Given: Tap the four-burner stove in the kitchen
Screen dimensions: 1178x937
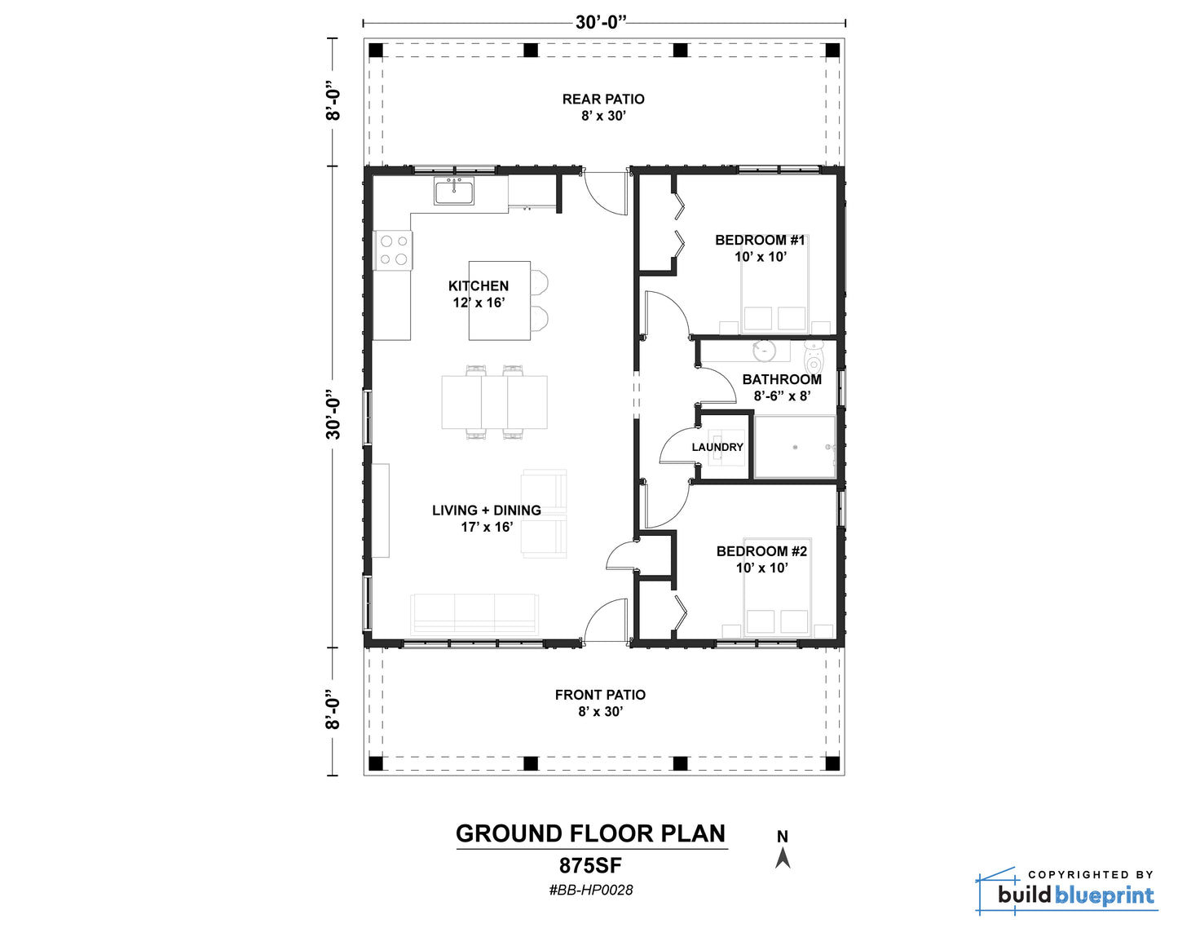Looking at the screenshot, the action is point(393,250).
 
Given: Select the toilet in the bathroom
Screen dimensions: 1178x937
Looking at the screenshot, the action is point(814,358).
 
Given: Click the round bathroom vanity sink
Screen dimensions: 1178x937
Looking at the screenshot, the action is point(764,351).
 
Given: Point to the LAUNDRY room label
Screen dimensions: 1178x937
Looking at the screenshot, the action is point(717,447).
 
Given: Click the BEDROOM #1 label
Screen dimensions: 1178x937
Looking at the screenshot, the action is point(760,240).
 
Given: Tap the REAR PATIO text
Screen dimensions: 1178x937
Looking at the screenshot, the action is point(603,99).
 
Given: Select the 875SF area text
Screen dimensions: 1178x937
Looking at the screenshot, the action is point(591,866).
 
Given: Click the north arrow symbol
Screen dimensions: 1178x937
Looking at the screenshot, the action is point(783,858).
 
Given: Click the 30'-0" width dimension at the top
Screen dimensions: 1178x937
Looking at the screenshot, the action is point(601,23).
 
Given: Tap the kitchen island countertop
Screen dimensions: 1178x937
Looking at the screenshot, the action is point(499,301).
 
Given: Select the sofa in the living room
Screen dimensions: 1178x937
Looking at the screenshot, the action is point(474,614).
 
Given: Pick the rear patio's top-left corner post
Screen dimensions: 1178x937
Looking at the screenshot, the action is point(376,51).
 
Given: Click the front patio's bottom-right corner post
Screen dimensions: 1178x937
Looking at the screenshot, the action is point(832,763).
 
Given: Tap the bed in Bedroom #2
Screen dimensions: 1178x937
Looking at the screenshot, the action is point(777,588).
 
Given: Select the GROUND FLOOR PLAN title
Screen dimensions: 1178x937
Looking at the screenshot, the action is point(591,834).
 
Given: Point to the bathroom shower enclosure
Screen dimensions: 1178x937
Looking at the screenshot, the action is point(795,447).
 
